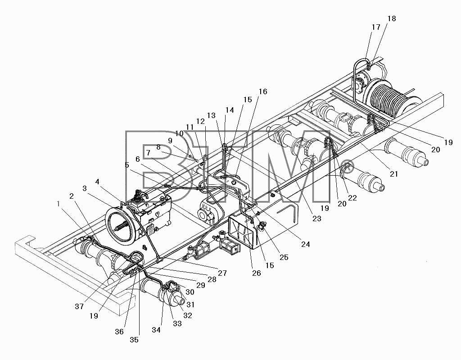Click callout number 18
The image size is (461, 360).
coord(392,18)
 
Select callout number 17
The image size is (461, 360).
coord(376,27)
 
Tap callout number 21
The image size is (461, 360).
coord(393,174)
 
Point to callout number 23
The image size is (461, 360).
coord(317,219)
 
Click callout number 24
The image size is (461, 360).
coord(306,244)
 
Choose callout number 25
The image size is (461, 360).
coord(284,257)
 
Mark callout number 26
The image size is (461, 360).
coord(256,273)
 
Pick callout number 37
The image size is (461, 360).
coord(79,306)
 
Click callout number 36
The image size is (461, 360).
coord(119,332)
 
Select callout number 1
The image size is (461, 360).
coord(59,203)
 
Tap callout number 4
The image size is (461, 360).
coord(97,182)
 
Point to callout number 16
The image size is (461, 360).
coord(263,91)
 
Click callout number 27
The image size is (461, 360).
coord(222,273)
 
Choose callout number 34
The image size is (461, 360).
coord(156,330)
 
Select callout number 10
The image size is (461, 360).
coord(179,133)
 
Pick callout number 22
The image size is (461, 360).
coord(352,198)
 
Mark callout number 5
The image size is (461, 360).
coord(127,165)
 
